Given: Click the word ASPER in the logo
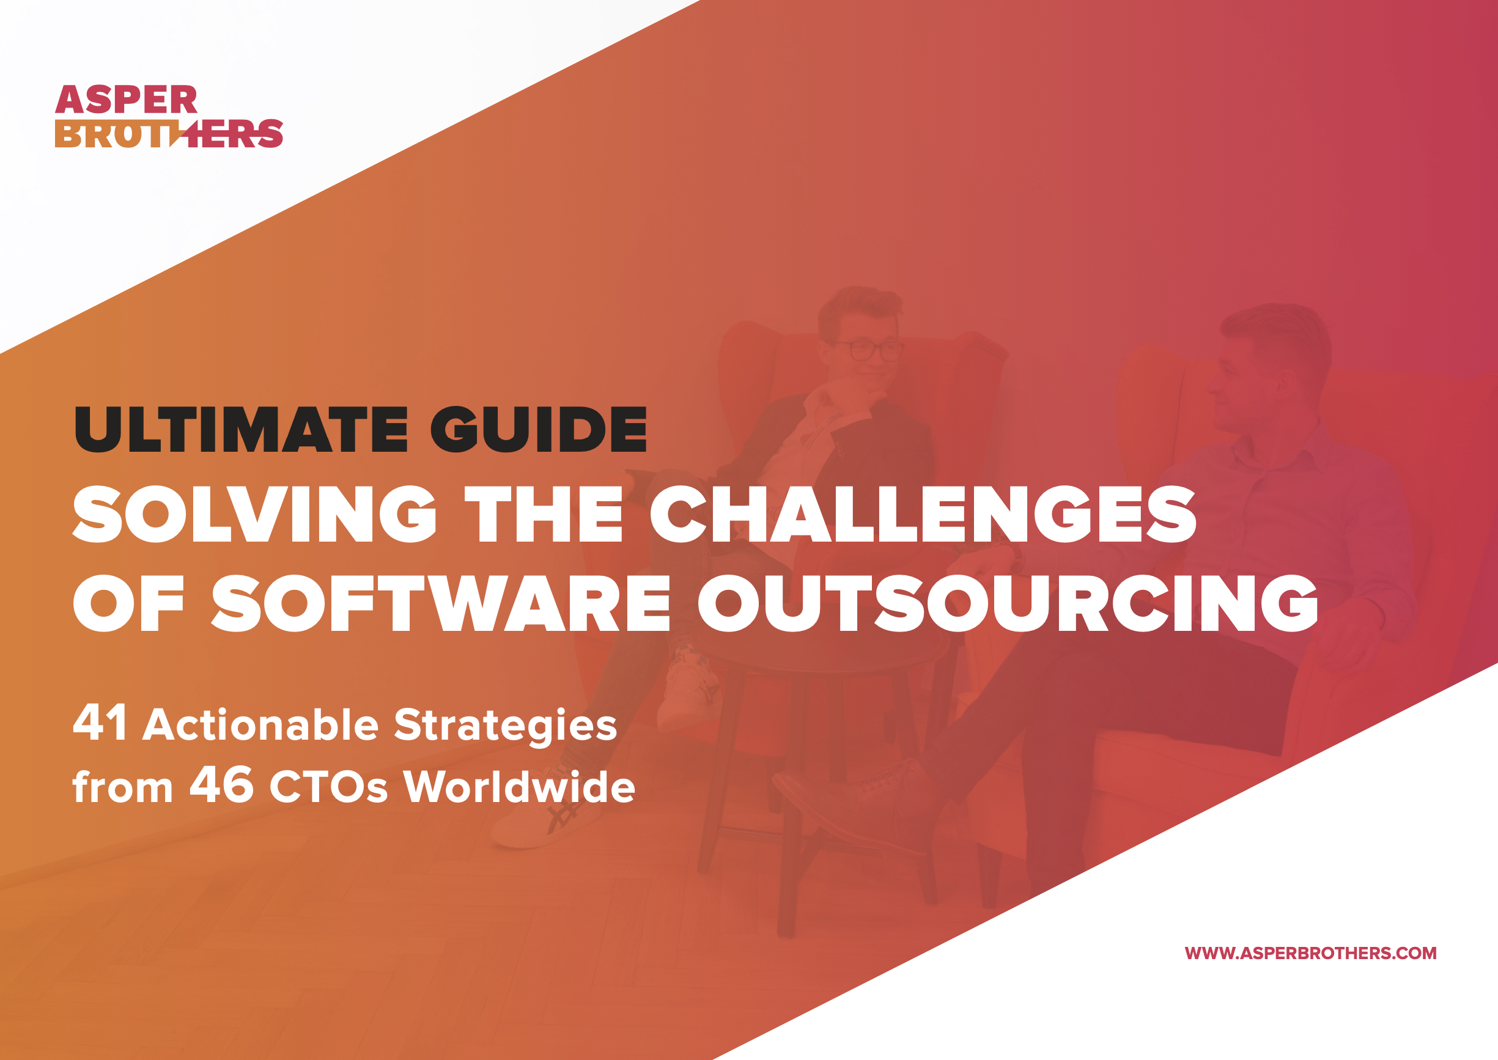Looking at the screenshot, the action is pos(126,100).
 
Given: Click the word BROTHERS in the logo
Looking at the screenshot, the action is pos(169,133).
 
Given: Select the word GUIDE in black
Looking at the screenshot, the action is pos(539,429).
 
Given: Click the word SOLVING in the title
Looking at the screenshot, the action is pos(254,514).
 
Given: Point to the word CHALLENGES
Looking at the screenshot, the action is pos(923,514).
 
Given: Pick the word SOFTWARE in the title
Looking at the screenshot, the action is pos(441,603).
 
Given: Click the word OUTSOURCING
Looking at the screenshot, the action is pos(1008,603).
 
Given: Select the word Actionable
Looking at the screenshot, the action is pos(260,724).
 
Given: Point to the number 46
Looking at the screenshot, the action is pos(221,784).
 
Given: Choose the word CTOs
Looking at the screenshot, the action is pos(328,787).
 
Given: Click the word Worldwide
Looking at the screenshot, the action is pos(519,785).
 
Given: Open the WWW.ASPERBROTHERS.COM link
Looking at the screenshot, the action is pos(1311,954).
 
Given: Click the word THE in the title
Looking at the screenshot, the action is pos(543,514).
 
